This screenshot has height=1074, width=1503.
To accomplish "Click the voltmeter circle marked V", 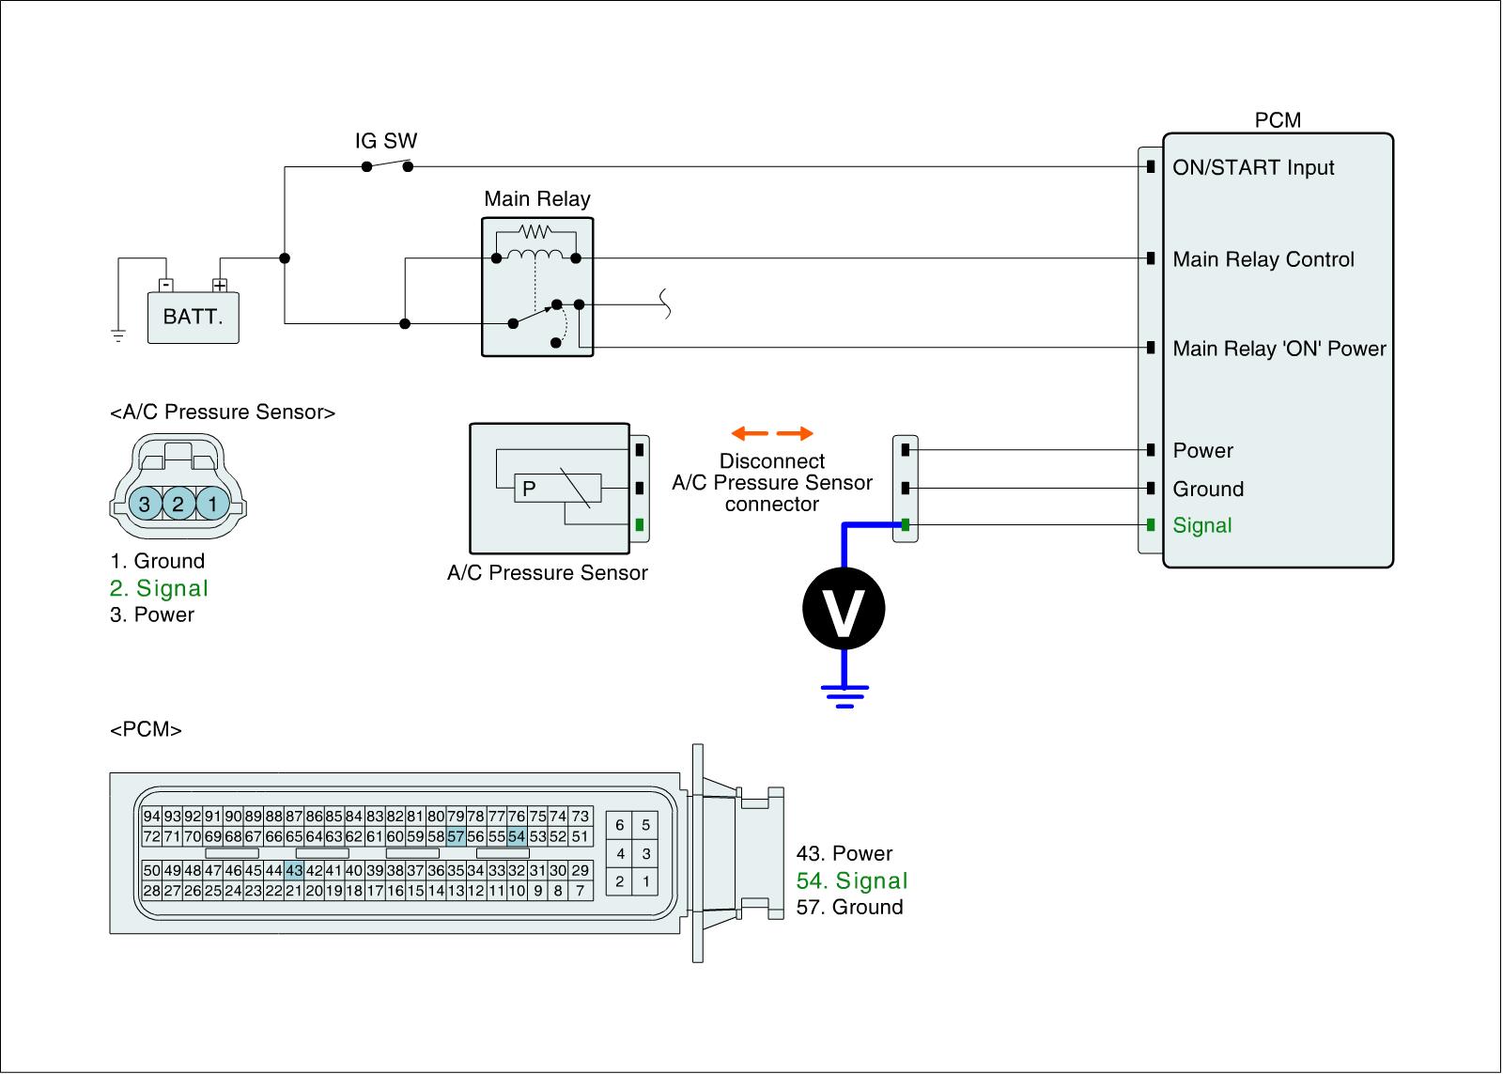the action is coord(844,608).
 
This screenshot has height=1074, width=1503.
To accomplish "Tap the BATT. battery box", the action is coord(194,318).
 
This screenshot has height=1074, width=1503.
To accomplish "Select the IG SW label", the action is coord(386,141).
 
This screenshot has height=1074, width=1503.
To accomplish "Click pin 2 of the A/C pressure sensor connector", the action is coord(178,504).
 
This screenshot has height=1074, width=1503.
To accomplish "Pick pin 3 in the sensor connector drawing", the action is coord(145,504).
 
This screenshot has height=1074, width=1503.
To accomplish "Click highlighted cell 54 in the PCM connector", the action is coord(516,836).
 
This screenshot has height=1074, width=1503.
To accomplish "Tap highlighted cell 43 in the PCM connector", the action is coord(294,871).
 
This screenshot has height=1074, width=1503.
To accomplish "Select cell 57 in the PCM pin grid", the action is coord(456,836).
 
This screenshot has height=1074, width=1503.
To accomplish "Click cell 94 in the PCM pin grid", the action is coord(151,817).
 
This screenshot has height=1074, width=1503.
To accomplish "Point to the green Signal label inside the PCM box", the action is coord(1201,525).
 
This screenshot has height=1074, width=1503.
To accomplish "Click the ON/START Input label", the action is coord(1253,167).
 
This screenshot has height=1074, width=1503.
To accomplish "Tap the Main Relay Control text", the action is coord(1263,259).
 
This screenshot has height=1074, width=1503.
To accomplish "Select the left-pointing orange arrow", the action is coord(750,433).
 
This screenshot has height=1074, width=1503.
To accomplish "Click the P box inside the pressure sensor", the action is coord(558,488).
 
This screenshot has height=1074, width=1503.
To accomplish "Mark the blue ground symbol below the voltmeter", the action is coord(844,696).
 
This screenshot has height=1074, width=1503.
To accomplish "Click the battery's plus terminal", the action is coord(220,286).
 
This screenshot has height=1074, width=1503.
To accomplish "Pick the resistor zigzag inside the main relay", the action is coord(535,232).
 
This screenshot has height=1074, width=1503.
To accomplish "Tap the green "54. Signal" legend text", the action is coord(851,880).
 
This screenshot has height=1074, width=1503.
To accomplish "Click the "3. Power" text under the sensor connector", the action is coord(152,615).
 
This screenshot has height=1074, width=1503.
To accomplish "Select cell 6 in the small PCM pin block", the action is coord(619,825).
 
